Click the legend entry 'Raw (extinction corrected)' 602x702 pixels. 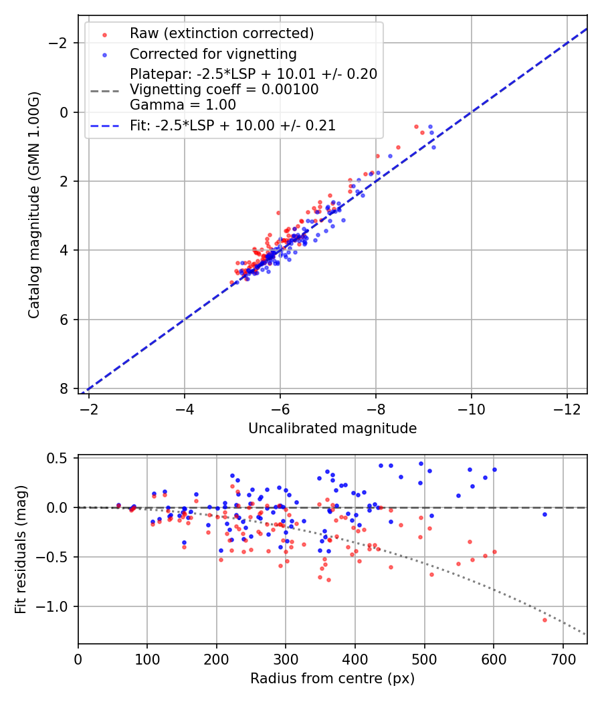221,33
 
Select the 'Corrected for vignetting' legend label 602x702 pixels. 213,53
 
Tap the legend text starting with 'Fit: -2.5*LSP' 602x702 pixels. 233,125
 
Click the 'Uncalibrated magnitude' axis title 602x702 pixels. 332,429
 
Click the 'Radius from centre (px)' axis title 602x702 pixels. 332,679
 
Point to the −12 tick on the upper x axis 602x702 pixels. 567,408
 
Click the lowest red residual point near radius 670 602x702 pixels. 544,620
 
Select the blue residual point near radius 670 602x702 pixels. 544,514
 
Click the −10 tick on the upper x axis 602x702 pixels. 472,408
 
